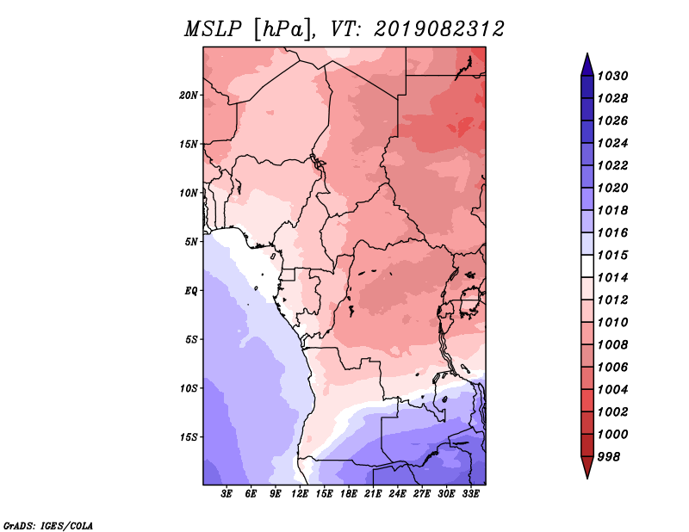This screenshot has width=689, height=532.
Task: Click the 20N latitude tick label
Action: coord(189,96)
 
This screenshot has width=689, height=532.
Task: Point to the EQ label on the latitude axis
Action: coord(191,291)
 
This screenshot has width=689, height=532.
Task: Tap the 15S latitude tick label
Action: coord(189,437)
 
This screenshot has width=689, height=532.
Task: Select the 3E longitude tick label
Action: coord(227,494)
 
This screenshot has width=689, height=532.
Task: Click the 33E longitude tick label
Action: coord(470,494)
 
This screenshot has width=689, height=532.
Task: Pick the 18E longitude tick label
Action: coord(349,494)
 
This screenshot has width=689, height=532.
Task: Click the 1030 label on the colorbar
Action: coord(613,76)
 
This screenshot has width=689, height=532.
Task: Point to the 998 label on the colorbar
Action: coord(609,457)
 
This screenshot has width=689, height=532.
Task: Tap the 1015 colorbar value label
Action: coord(613,255)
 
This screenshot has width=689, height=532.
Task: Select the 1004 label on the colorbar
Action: coord(613,390)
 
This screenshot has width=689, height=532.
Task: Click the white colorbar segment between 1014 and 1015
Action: coord(587,266)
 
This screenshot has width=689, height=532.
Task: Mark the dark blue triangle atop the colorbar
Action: coord(587,65)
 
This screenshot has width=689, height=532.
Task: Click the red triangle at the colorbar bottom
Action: coord(587,467)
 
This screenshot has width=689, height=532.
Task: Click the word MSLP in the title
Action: coord(213,29)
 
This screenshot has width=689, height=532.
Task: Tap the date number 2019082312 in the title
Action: coord(439,29)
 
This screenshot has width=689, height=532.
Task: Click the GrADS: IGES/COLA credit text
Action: coord(48,526)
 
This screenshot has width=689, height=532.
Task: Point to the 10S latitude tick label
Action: coord(189,388)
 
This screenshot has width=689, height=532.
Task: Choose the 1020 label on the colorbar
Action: coord(613,188)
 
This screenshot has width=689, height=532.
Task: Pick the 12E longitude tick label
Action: coord(300,494)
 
